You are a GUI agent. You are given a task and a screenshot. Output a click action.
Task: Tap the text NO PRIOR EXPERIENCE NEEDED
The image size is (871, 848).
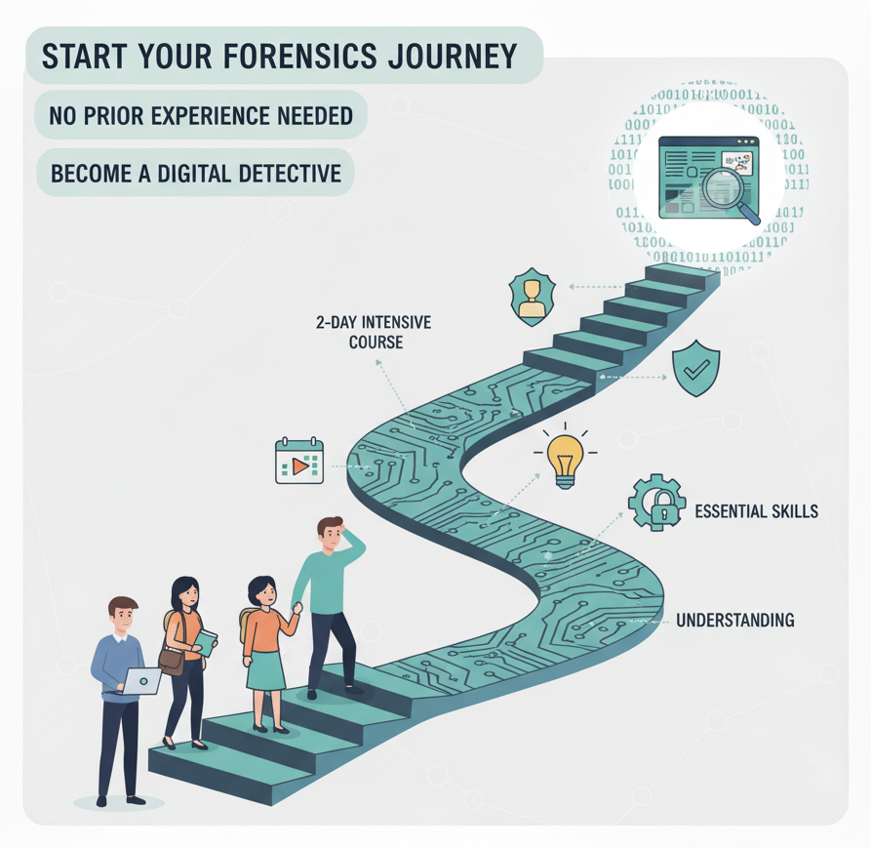[x=201, y=116]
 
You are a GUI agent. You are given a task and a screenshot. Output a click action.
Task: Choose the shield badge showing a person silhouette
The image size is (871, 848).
[x=532, y=298]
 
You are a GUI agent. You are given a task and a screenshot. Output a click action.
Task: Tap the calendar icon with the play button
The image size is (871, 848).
[x=299, y=463]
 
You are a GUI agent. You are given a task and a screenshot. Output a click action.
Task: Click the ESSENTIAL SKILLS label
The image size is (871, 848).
[x=756, y=510]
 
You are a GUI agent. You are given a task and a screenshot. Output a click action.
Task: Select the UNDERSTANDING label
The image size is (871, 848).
[x=734, y=620]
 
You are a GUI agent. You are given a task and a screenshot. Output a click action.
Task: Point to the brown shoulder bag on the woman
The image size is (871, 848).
[x=171, y=662]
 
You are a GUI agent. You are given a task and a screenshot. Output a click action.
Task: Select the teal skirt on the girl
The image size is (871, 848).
[x=266, y=670]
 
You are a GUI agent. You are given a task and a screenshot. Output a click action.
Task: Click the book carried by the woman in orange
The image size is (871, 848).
[x=205, y=642]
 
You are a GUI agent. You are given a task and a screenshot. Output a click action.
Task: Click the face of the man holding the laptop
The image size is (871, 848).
[x=123, y=618]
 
